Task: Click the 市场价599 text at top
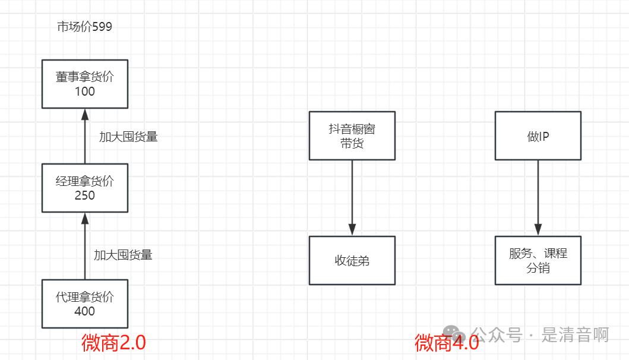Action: click(x=84, y=27)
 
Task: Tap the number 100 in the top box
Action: click(x=85, y=91)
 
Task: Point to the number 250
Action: click(x=85, y=195)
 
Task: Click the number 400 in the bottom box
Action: click(x=85, y=311)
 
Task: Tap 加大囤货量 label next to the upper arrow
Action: click(x=128, y=137)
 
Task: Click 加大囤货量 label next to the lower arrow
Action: click(x=123, y=255)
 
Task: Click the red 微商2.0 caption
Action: click(x=113, y=343)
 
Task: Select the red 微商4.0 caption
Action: click(x=447, y=343)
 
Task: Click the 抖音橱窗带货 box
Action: click(x=352, y=135)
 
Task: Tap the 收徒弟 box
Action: click(x=352, y=261)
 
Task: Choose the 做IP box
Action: click(x=538, y=135)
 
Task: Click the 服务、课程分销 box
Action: click(x=538, y=261)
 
